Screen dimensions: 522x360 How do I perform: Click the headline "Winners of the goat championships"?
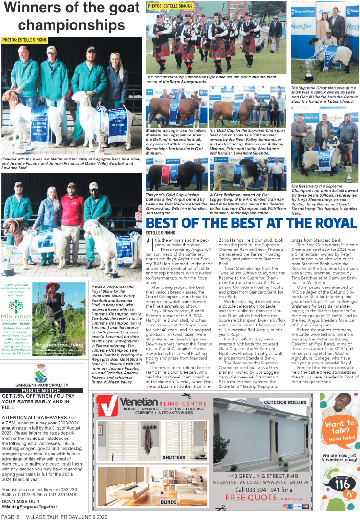[72, 17]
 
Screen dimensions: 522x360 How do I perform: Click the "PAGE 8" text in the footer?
[10, 516]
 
